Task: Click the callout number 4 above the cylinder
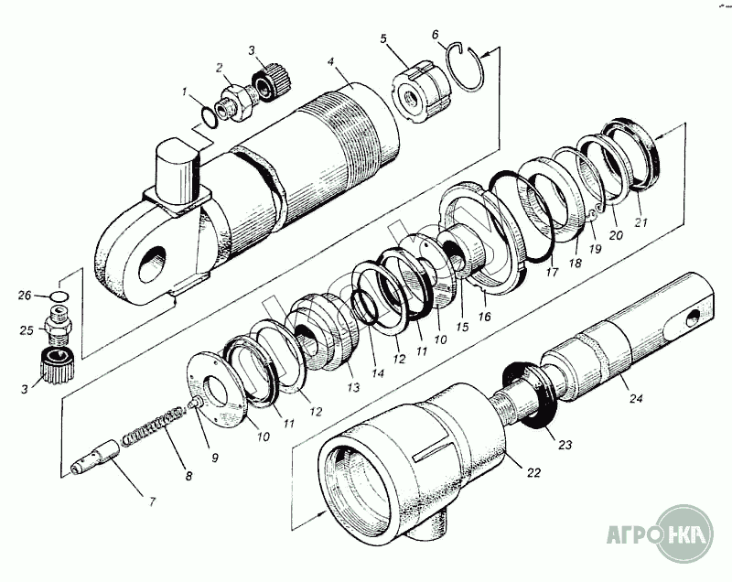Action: [331, 62]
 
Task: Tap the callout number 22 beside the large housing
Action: [533, 473]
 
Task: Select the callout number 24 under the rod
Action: [636, 398]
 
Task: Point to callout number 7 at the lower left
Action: [152, 501]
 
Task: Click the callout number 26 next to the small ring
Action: [25, 296]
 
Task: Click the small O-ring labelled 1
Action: [210, 115]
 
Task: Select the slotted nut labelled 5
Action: [421, 92]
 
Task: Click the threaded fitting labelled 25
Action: [59, 324]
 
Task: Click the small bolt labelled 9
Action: [195, 402]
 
